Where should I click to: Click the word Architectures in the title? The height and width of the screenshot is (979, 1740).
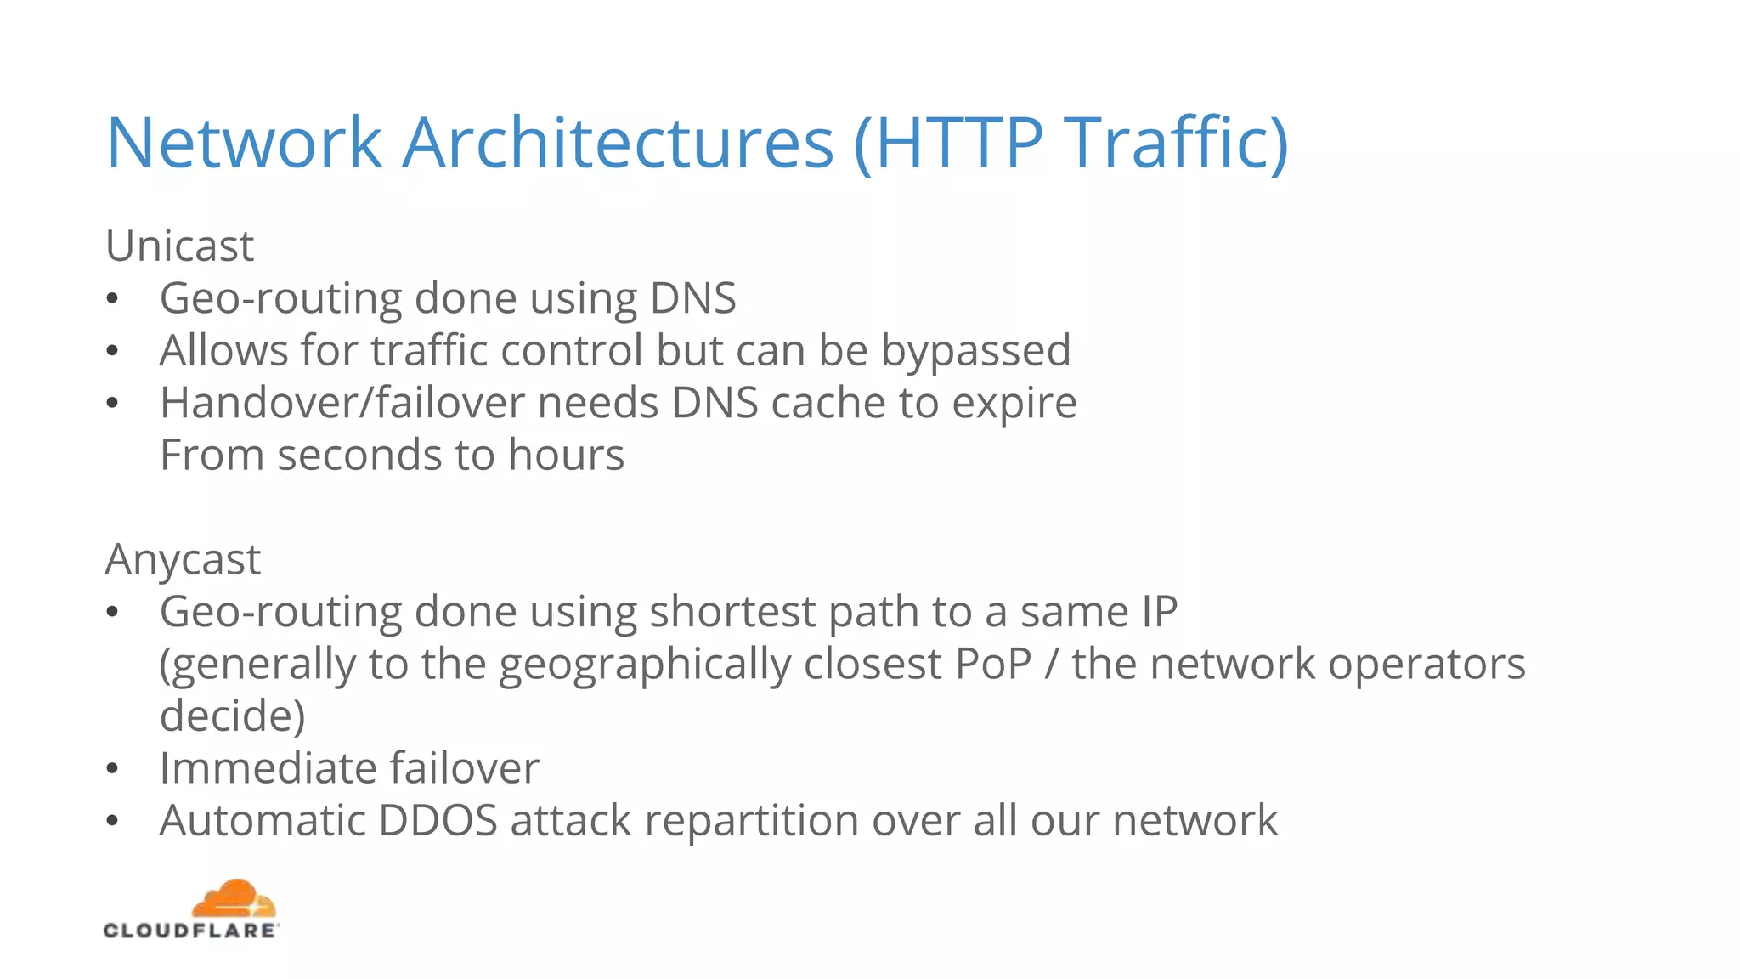618,143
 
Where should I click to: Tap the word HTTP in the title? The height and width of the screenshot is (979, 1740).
958,143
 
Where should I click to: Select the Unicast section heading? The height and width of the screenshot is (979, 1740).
179,246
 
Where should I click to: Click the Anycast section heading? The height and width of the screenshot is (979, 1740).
183,560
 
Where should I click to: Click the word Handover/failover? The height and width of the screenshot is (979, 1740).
342,403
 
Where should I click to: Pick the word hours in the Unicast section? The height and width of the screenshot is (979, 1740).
566,456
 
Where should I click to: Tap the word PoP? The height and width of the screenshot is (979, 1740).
992,664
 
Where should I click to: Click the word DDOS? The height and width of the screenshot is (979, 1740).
438,821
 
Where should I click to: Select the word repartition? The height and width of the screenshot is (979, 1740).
751,821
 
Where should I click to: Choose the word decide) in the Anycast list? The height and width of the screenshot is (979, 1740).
232,716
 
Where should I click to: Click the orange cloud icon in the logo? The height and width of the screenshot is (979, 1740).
233,898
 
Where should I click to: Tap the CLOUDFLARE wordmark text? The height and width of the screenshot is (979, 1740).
190,931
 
